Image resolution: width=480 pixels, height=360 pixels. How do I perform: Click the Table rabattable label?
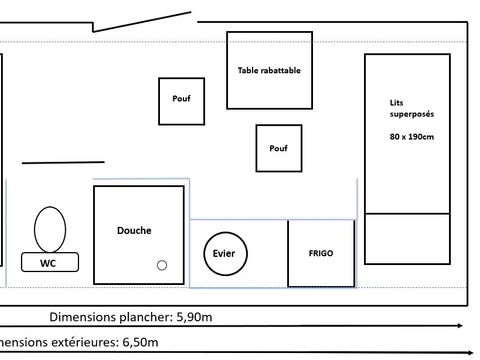point(269,71)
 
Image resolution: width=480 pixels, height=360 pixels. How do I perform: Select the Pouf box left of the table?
point(181,101)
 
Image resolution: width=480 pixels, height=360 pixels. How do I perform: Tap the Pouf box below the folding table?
point(278,148)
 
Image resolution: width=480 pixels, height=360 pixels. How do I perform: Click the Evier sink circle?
point(224,253)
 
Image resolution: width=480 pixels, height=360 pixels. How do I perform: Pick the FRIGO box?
point(321,253)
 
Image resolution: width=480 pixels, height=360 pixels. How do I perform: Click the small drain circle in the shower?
point(162,265)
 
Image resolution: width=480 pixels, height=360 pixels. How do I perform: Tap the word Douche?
point(133,230)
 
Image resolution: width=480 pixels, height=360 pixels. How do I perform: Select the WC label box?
point(47,263)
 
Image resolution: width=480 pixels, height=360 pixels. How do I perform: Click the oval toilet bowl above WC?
point(49,228)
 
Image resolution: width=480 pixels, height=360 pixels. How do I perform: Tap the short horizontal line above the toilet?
point(63,161)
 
